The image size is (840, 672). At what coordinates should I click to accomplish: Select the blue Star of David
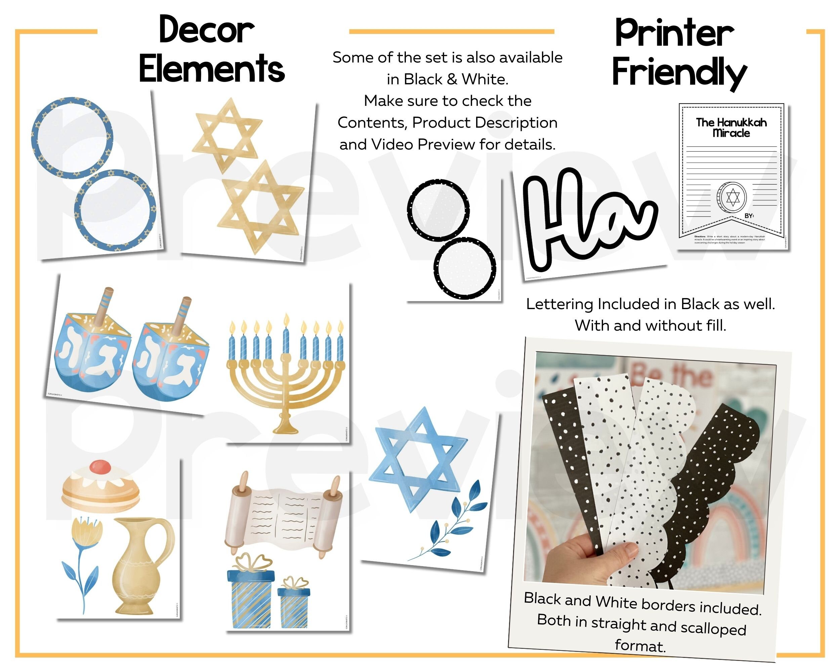coord(418,460)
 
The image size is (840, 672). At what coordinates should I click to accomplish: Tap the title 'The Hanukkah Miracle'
coord(731,128)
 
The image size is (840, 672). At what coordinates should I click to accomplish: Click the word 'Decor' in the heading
coord(207,30)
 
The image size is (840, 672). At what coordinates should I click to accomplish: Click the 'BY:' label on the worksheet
coord(749,215)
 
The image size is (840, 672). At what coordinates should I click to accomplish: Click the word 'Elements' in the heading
coord(212,69)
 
